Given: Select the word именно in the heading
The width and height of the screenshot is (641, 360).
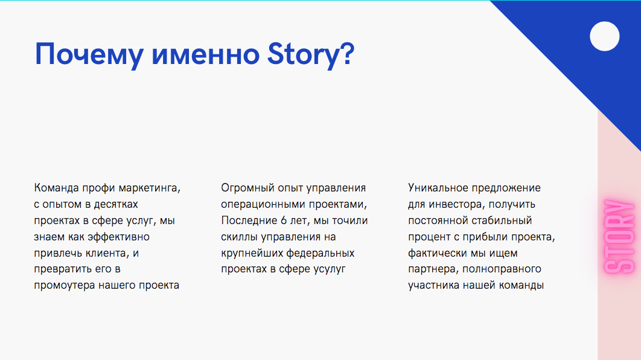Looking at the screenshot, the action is (x=206, y=55).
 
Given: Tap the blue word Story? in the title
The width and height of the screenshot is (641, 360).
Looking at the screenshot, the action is (x=311, y=55).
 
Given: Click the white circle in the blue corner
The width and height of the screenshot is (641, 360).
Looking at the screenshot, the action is (x=605, y=36).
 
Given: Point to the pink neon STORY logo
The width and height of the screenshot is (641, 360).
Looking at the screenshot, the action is (x=619, y=236).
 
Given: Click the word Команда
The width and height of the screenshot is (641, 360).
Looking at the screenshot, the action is (x=56, y=188).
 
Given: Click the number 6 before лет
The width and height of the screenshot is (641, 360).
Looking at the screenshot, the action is (x=284, y=220).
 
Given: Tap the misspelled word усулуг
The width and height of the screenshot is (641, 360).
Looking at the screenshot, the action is (x=330, y=269).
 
